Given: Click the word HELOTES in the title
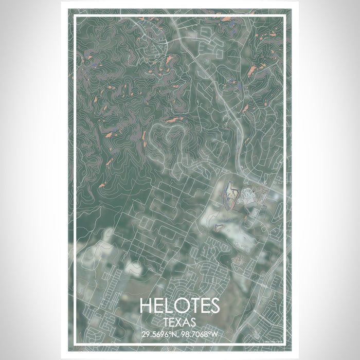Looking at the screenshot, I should tap(179, 305).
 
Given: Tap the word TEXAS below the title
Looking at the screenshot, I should tap(179, 322).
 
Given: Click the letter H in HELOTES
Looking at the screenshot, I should tap(146, 305).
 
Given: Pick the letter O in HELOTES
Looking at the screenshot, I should tap(181, 305).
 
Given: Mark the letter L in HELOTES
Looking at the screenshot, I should tap(169, 305).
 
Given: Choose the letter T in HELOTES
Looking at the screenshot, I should tap(192, 305).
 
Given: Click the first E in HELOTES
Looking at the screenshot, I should tap(158, 305).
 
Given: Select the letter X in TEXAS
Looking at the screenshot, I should tap(179, 322).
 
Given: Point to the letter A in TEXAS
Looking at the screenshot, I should tap(187, 322).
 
